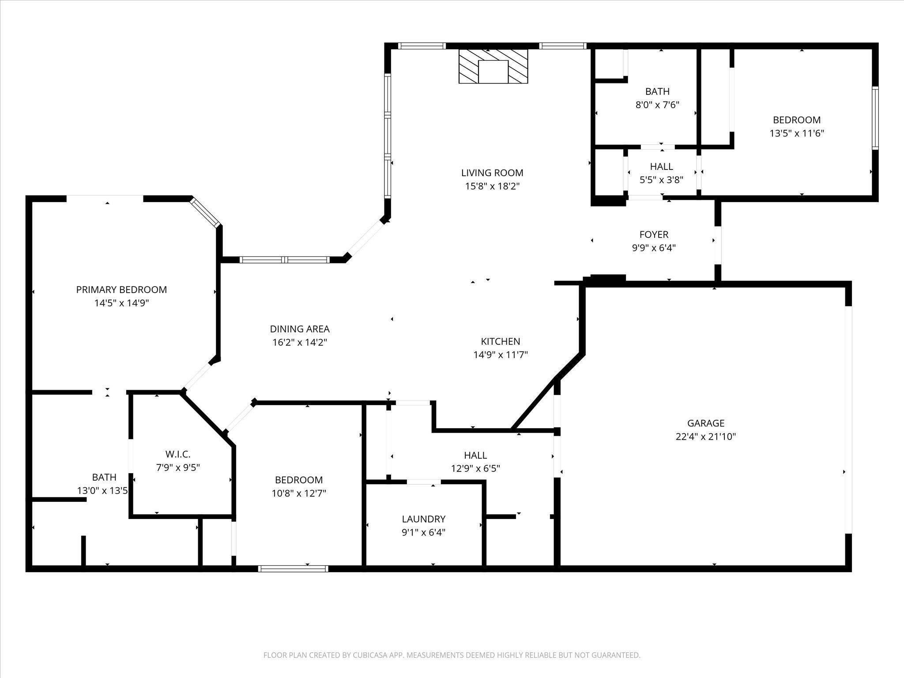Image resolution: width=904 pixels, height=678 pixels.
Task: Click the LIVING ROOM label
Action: (492, 173)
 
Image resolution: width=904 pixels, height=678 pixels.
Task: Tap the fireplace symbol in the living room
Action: (493, 66)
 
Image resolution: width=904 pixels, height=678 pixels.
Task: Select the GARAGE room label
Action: (706, 423)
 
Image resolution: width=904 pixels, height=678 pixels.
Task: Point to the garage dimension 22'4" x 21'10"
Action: (706, 437)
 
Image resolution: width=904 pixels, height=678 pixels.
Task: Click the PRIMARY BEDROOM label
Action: (121, 290)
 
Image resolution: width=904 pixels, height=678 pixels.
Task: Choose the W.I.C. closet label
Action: (178, 454)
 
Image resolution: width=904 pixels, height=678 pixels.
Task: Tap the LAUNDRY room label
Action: (424, 519)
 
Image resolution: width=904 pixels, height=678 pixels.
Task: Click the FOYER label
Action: (654, 234)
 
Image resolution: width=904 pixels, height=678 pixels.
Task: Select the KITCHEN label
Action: (501, 341)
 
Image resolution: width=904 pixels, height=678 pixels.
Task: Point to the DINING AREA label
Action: (300, 329)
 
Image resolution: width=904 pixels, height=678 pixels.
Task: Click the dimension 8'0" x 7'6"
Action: (657, 105)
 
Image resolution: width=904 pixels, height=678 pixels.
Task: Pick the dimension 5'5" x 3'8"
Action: (662, 180)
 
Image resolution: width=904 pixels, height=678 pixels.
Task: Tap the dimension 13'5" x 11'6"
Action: (797, 133)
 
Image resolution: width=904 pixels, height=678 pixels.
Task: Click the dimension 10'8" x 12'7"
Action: (299, 493)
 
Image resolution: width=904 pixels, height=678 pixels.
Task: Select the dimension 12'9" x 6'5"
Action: (475, 468)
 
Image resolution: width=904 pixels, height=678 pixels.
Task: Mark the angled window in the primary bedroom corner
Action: (205, 212)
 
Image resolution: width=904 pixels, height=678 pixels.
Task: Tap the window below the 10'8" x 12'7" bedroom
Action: (293, 569)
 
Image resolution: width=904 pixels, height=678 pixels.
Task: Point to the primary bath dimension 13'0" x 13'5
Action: (102, 490)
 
